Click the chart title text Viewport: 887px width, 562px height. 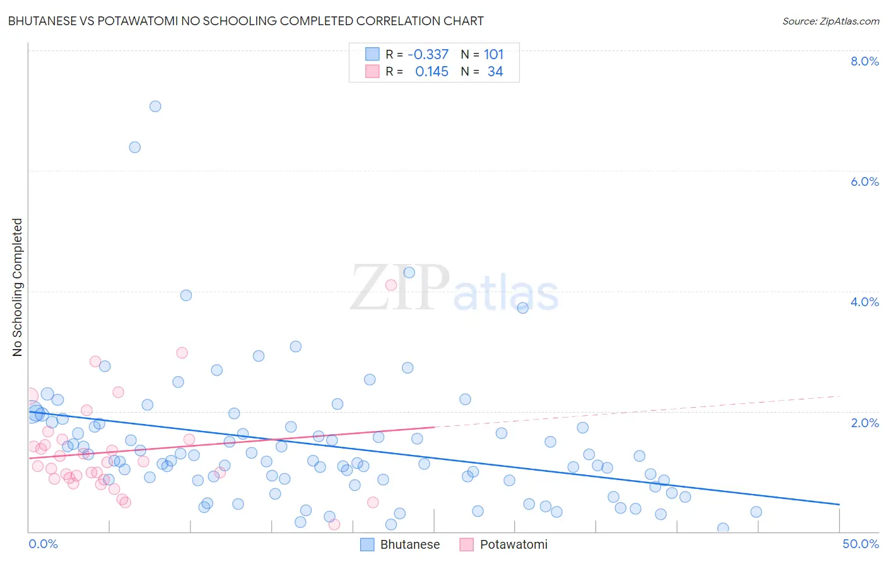tap(245, 21)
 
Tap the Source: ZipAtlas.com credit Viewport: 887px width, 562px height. tap(830, 21)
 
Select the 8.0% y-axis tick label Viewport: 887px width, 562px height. tap(864, 61)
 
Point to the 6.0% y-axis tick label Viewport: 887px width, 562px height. tap(864, 181)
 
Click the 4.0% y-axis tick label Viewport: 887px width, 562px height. tap(864, 302)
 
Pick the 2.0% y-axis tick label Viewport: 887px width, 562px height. tap(864, 423)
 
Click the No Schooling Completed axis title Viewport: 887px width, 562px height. tap(18, 287)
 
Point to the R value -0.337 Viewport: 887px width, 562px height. tap(428, 55)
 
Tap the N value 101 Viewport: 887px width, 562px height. tap(493, 55)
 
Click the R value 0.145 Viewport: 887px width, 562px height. tap(432, 72)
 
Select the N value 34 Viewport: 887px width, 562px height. tap(495, 72)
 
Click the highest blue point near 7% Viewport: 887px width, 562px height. tap(155, 106)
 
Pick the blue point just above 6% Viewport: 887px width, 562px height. tap(134, 147)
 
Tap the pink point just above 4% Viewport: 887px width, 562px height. tap(391, 285)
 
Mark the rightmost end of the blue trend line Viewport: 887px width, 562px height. tap(839, 504)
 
